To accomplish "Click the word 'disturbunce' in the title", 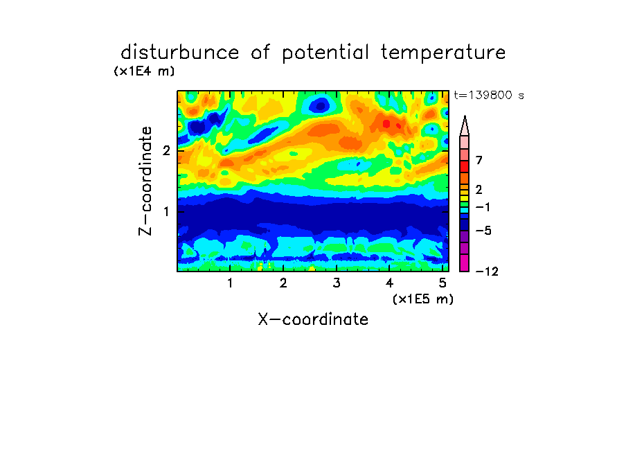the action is [x=179, y=53].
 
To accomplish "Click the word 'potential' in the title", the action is [x=325, y=53].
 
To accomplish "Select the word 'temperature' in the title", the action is [x=443, y=53].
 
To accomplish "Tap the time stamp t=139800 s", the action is [x=489, y=95].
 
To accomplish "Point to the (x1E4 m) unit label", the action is [x=144, y=71].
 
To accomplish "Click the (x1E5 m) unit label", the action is [x=423, y=299].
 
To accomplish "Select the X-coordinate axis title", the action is [x=313, y=319].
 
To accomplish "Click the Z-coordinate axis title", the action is [x=145, y=181].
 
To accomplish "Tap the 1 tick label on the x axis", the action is [x=230, y=283].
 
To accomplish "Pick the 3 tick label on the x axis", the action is [x=336, y=283].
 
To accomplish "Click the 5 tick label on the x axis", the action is [x=442, y=283].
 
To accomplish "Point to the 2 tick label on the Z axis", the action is [x=166, y=150].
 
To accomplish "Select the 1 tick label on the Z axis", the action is [x=166, y=211].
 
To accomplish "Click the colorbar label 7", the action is [x=479, y=161].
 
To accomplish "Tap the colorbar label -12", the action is [x=487, y=272].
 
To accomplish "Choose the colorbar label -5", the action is [x=483, y=231].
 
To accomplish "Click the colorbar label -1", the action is [x=483, y=207].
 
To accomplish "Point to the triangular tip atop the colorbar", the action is [x=465, y=116].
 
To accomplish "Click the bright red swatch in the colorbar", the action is [x=465, y=166].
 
